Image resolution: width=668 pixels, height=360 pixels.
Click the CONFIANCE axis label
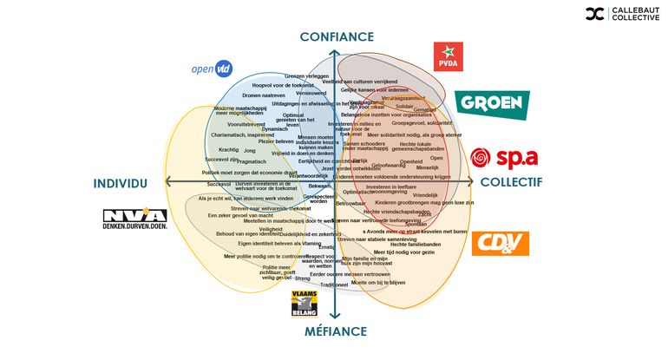click(x=337, y=37)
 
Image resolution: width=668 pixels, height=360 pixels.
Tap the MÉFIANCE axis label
click(x=336, y=331)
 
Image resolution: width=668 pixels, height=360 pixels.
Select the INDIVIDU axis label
click(x=121, y=183)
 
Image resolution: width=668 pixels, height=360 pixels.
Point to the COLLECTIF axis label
click(x=511, y=183)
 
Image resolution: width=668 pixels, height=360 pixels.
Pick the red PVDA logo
click(x=448, y=56)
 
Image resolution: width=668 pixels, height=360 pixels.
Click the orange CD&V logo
click(x=500, y=243)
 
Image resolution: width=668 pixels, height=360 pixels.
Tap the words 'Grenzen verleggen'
click(x=307, y=76)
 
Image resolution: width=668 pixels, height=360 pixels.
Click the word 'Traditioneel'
click(x=334, y=285)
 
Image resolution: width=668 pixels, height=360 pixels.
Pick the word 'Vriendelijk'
click(x=426, y=195)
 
